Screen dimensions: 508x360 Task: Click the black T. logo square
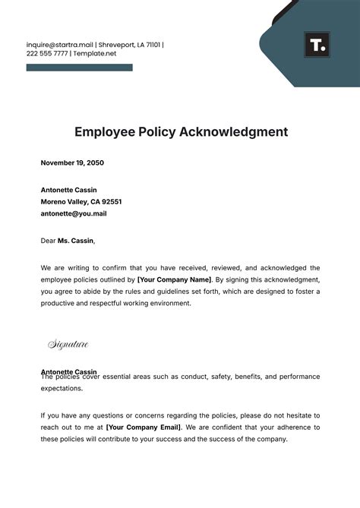click(317, 45)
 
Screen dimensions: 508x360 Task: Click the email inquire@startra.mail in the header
click(59, 45)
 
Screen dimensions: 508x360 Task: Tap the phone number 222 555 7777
click(46, 55)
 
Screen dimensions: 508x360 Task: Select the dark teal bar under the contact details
click(79, 68)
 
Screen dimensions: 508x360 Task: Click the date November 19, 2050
click(71, 162)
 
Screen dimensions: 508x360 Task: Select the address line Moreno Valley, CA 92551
click(81, 202)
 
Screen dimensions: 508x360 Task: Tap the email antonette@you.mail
click(73, 213)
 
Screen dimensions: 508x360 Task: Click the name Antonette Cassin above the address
click(68, 190)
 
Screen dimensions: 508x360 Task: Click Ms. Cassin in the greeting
click(77, 241)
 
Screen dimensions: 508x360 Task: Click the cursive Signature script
click(68, 345)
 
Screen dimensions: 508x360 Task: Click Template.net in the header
click(94, 55)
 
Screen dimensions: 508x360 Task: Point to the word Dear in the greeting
click(49, 241)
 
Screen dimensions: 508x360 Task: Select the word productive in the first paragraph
click(62, 303)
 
